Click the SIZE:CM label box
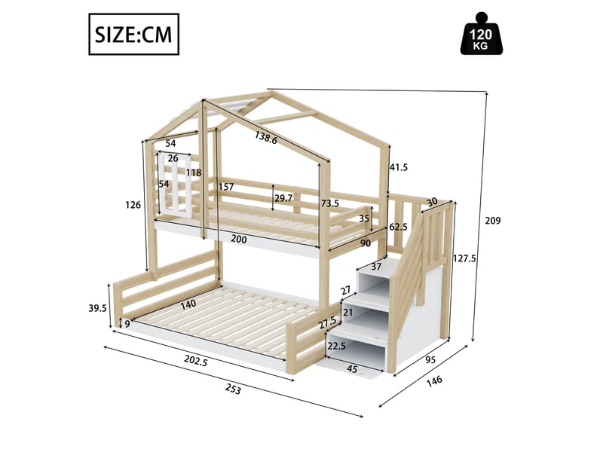tap(134, 34)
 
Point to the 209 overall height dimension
tap(493, 221)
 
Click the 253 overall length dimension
tap(233, 389)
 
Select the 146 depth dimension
tap(434, 382)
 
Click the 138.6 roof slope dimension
tap(265, 138)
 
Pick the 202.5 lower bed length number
tap(196, 361)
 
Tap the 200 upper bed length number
tap(239, 239)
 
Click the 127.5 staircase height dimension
tap(464, 258)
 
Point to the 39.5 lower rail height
tap(97, 308)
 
